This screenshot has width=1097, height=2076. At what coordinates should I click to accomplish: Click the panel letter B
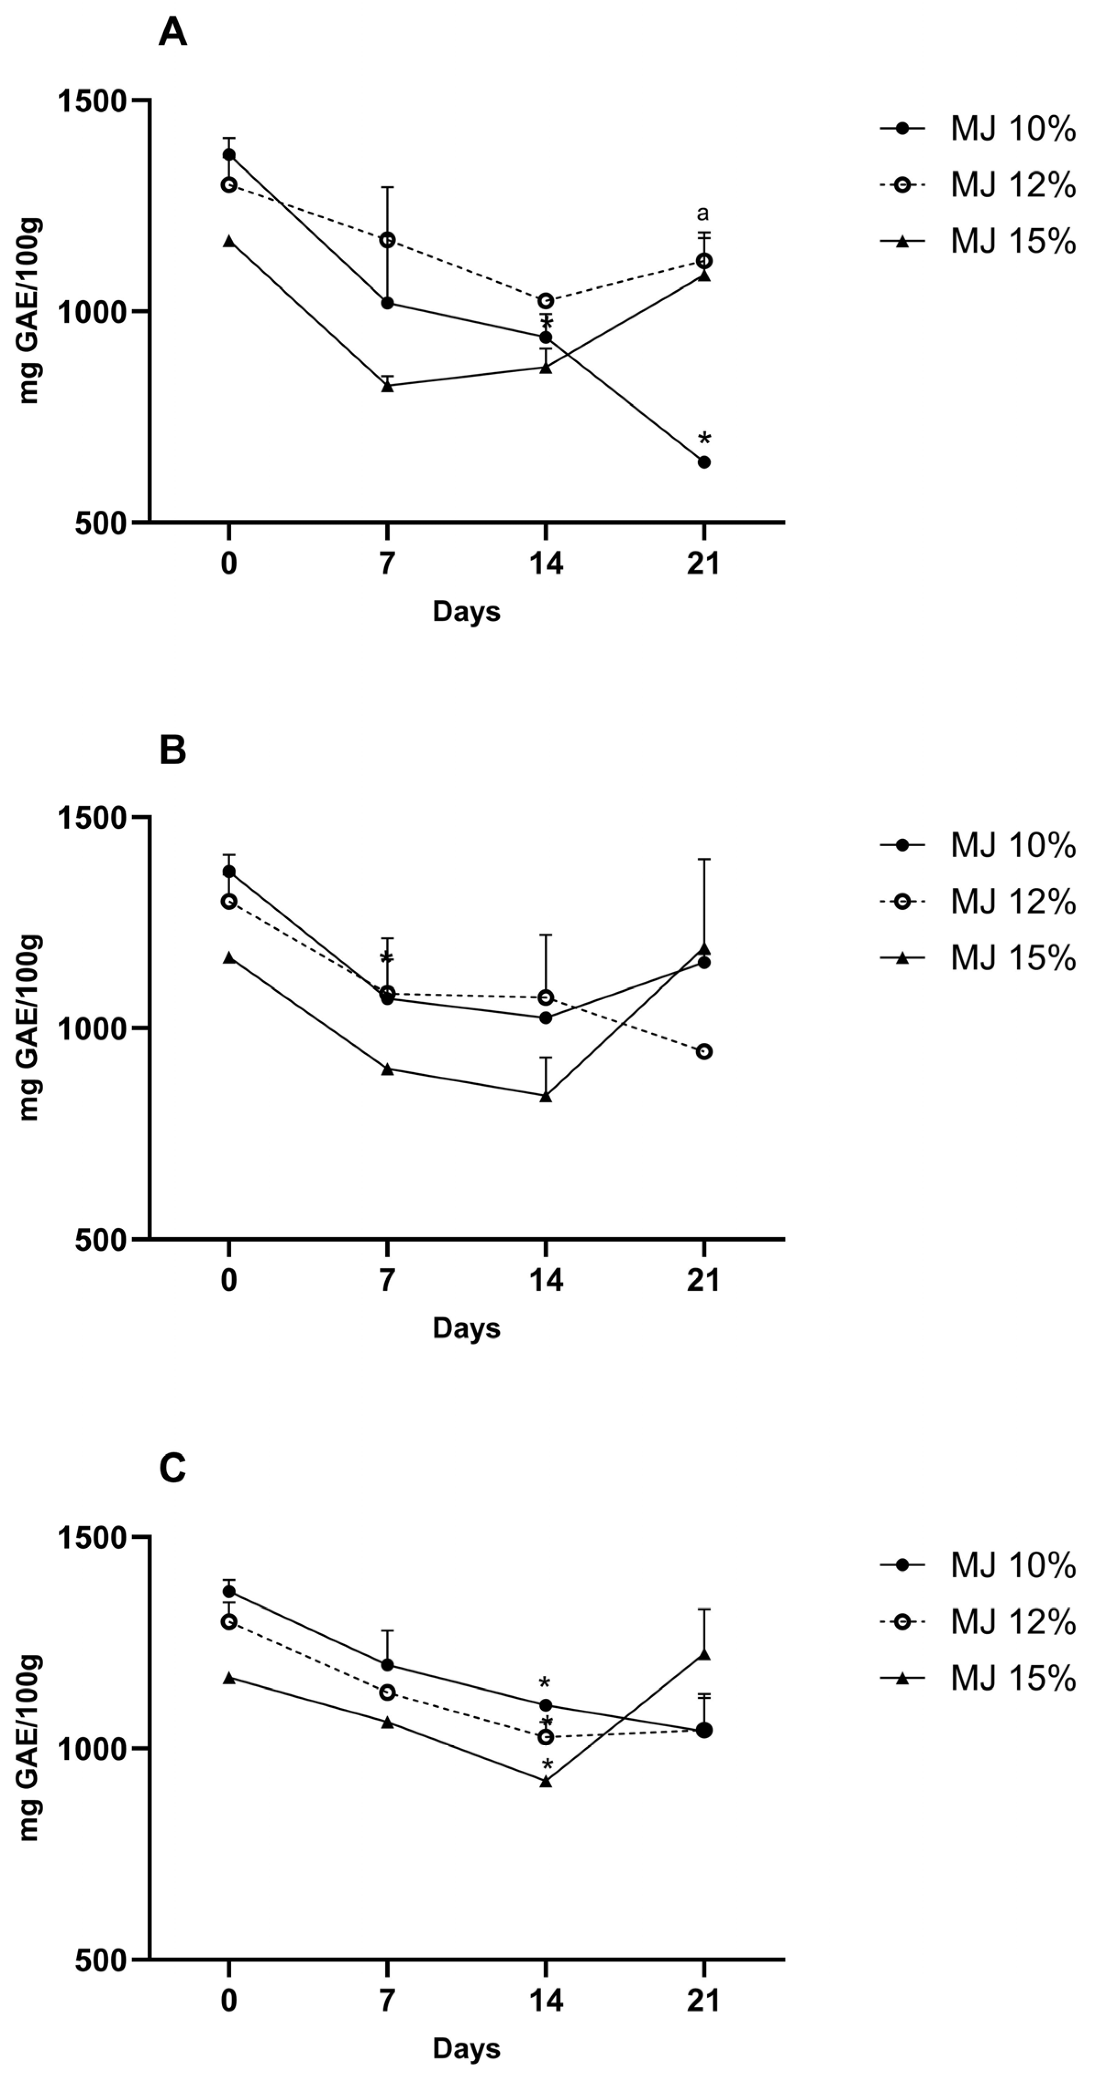[x=172, y=750]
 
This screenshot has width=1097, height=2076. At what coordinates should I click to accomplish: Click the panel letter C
[x=172, y=1468]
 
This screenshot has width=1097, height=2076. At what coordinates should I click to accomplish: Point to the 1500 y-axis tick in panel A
[x=93, y=101]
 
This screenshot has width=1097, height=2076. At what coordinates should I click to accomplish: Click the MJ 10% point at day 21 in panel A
[x=704, y=462]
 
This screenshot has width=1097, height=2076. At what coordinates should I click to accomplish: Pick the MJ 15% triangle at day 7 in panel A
[x=388, y=385]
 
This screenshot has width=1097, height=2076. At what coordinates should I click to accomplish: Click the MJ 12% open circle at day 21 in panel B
[x=704, y=1052]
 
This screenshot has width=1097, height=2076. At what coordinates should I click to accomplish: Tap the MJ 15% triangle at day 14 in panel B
[x=546, y=1096]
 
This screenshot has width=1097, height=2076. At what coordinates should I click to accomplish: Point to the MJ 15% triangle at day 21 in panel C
[x=704, y=1654]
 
